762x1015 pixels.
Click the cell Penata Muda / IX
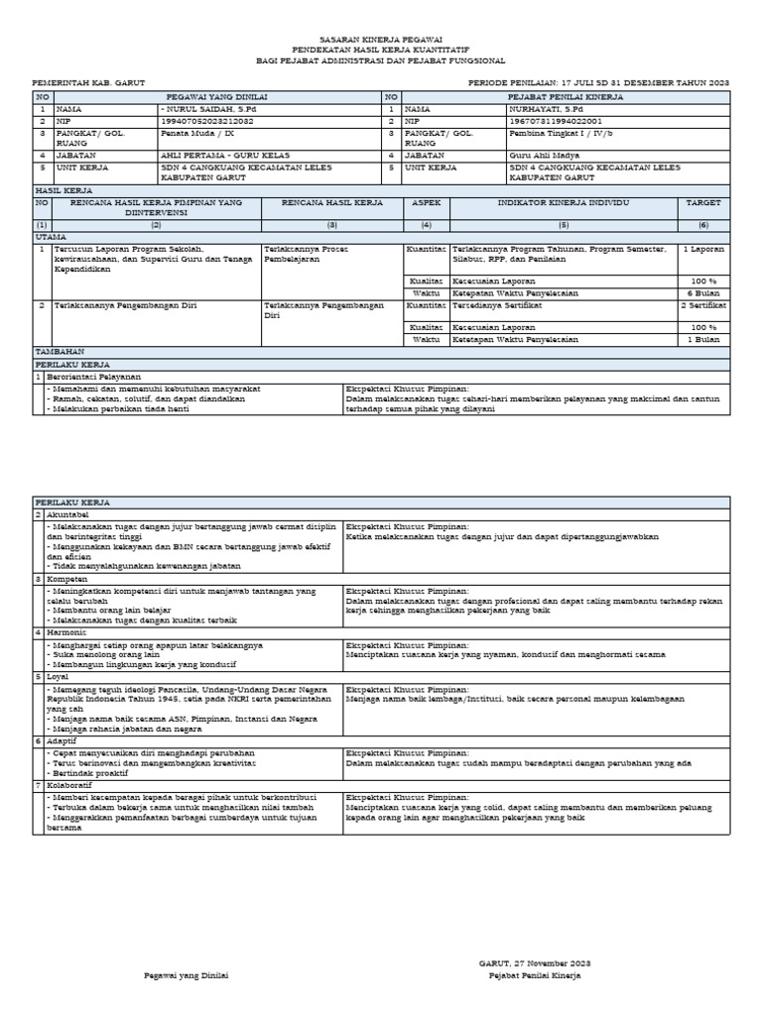point(198,132)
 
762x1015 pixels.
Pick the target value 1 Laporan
point(703,249)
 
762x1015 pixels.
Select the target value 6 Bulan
point(708,294)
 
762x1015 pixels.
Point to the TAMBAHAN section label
point(62,352)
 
